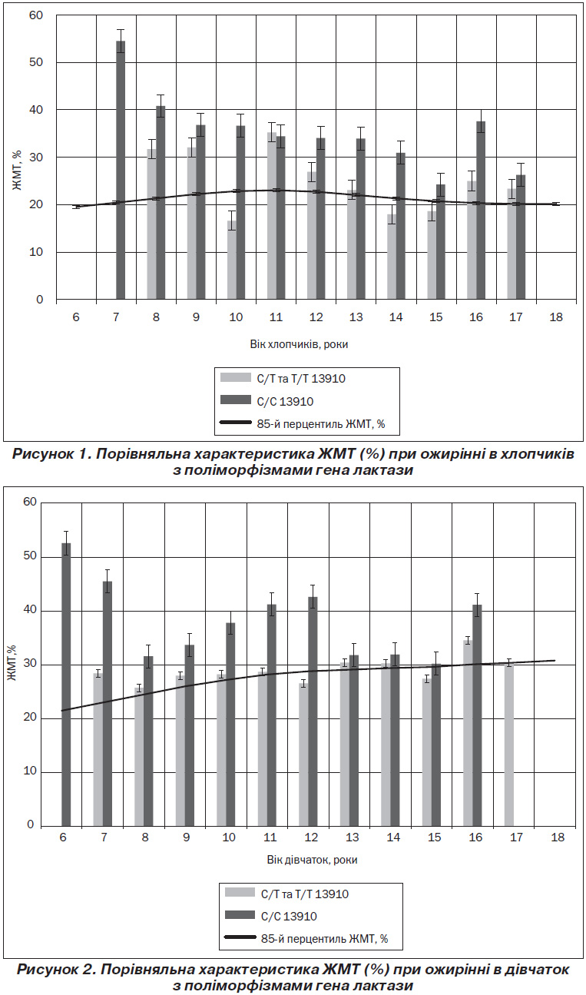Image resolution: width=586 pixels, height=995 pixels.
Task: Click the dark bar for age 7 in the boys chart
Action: coord(121,171)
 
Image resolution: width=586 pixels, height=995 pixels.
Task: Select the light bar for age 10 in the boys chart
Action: coord(232,260)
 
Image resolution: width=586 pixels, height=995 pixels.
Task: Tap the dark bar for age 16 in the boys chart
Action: coord(481,211)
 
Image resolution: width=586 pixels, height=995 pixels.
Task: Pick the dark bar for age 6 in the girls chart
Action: coord(66,685)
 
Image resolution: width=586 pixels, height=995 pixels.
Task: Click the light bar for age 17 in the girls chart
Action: coord(509,745)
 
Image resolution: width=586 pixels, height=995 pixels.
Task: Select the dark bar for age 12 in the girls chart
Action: coord(313,711)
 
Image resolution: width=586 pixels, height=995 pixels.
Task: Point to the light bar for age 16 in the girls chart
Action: coord(468,733)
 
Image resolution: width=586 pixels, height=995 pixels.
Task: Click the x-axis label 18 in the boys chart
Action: coord(556,317)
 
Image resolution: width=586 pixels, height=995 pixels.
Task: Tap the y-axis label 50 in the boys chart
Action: coord(36,62)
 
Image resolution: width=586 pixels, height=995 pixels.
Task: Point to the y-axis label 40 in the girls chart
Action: coord(30,611)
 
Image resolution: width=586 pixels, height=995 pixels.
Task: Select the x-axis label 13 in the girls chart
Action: coord(352,837)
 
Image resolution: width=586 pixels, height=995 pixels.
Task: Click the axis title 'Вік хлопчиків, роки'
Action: coord(300,344)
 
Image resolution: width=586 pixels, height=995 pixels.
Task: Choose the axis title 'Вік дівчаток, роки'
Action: coord(312,860)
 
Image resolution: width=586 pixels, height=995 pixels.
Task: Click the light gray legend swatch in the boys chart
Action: coord(236,377)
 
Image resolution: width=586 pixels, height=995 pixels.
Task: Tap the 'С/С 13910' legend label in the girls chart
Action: coord(289,916)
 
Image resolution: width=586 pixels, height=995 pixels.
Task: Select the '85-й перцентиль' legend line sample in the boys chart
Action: coord(236,423)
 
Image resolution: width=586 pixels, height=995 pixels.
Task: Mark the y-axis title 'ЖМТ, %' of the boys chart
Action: coord(17,170)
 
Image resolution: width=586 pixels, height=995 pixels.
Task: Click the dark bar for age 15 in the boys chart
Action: coord(441,242)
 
